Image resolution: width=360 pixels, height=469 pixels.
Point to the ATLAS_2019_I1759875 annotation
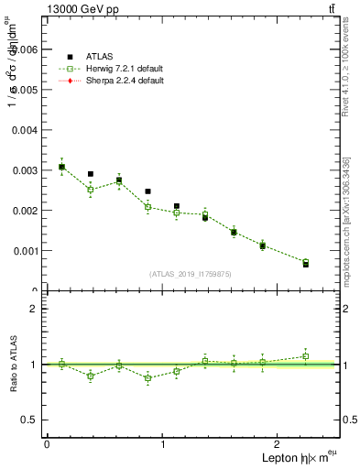coord(191,274)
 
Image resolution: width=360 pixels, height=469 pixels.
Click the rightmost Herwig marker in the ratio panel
coord(306,356)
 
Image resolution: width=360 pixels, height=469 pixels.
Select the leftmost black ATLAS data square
coord(61,167)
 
